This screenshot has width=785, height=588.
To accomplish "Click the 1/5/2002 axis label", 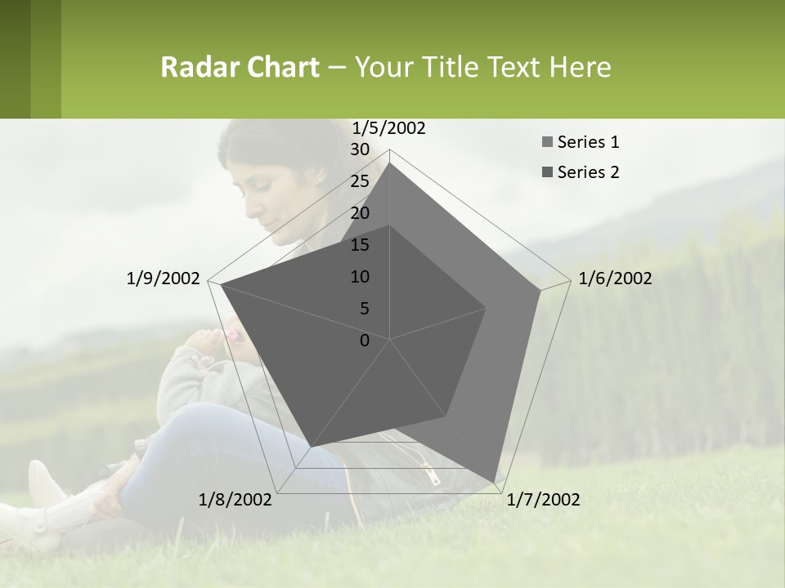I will coord(388,128).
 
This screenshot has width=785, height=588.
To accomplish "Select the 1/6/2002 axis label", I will coord(615,278).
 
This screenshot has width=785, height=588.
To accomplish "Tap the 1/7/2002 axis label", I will coord(543,500).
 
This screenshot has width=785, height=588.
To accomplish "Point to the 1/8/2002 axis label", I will coord(235,500).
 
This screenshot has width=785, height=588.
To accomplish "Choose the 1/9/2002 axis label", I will coord(163,278).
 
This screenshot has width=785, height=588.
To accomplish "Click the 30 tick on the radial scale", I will coord(359,149).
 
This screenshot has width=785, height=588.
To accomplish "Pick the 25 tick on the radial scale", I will coord(359,181).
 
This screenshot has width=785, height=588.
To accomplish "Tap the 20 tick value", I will coord(359,213).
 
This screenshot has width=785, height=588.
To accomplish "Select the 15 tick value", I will coord(359,245).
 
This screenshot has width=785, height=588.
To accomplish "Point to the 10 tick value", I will coord(359,277).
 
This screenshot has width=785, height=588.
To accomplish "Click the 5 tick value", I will coord(364,309).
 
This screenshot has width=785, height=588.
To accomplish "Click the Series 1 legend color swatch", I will coord(547,143).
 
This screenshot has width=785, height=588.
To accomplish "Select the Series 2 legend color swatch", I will coord(547,172).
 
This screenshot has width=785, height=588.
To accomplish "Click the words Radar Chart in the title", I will coord(240,68).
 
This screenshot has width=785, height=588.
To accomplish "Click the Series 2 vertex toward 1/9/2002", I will coord(221,284).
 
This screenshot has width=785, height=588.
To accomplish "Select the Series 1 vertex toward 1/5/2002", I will coord(390,163).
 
